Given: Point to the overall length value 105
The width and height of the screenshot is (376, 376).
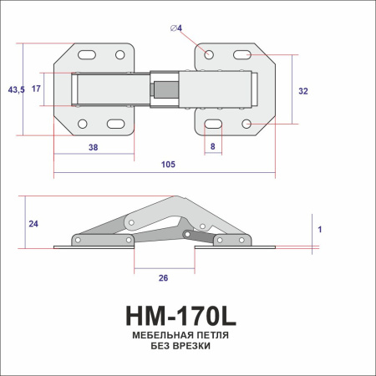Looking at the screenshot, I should tap(167, 165).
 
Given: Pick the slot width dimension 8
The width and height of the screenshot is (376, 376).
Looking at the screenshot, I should tap(213, 146).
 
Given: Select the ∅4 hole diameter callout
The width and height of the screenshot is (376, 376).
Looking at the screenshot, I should tap(176, 30).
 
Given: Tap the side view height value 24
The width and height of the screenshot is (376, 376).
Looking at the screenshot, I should tap(33, 223).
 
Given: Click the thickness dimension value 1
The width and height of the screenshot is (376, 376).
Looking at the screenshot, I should tap(320, 227).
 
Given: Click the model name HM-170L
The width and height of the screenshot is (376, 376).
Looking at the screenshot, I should tap(181, 317).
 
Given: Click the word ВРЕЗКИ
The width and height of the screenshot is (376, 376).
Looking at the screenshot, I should tap(193, 346).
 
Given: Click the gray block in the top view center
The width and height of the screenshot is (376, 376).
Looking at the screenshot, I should tap(166, 88).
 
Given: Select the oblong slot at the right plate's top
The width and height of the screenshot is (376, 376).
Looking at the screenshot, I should tap(242, 55).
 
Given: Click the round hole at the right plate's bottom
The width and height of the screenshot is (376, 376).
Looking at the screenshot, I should tap(247, 124).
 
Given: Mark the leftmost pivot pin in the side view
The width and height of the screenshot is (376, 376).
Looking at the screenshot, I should tap(77, 240).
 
